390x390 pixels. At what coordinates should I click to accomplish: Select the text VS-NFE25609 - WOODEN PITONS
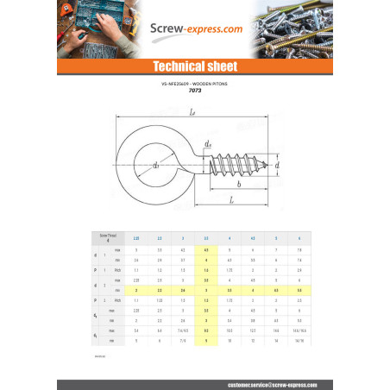pos(195,85)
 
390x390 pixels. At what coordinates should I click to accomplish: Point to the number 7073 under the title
pos(195,91)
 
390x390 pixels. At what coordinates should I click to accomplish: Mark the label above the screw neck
pos(208,143)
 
